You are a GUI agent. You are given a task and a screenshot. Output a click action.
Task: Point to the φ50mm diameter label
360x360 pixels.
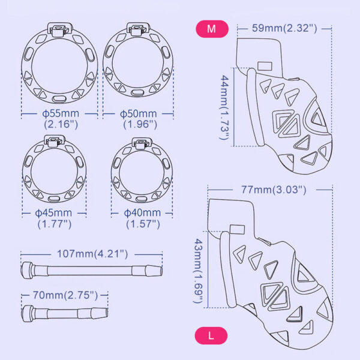(138, 113)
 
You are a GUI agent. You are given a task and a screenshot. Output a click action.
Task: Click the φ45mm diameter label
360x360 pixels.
(54, 213)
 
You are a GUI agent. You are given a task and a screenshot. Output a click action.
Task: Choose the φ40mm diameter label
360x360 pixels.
(142, 213)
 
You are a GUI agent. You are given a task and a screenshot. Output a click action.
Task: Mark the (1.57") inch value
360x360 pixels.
(143, 224)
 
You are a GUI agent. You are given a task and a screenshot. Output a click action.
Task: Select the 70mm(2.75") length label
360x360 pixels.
(63, 296)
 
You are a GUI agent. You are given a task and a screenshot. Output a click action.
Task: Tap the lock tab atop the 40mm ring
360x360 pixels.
(142, 145)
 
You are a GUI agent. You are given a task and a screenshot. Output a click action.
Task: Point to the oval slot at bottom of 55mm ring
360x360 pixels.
(59, 99)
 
